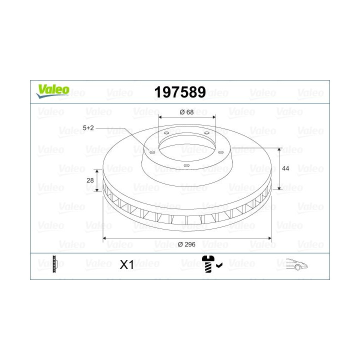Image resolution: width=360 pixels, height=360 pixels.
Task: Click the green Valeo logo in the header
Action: pyautogui.click(x=52, y=90)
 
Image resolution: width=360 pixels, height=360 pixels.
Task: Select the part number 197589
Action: pyautogui.click(x=180, y=92)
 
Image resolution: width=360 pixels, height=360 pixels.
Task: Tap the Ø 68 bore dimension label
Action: pyautogui.click(x=186, y=111)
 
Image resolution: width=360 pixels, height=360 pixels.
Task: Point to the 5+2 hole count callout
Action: pyautogui.click(x=88, y=128)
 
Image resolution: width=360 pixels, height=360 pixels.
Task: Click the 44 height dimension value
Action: pyautogui.click(x=285, y=169)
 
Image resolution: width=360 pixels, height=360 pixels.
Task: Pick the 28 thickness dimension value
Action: pyautogui.click(x=90, y=180)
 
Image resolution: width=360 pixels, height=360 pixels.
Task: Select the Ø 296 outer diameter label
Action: pyautogui.click(x=187, y=244)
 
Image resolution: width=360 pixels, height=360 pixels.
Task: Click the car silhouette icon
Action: pyautogui.click(x=296, y=264)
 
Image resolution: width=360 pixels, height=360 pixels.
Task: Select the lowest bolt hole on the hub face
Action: pyautogui.click(x=185, y=166)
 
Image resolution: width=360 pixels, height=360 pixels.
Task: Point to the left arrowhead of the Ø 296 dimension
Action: pyautogui.click(x=104, y=239)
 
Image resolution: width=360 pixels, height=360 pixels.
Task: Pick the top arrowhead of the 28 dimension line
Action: pyautogui.click(x=98, y=171)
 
